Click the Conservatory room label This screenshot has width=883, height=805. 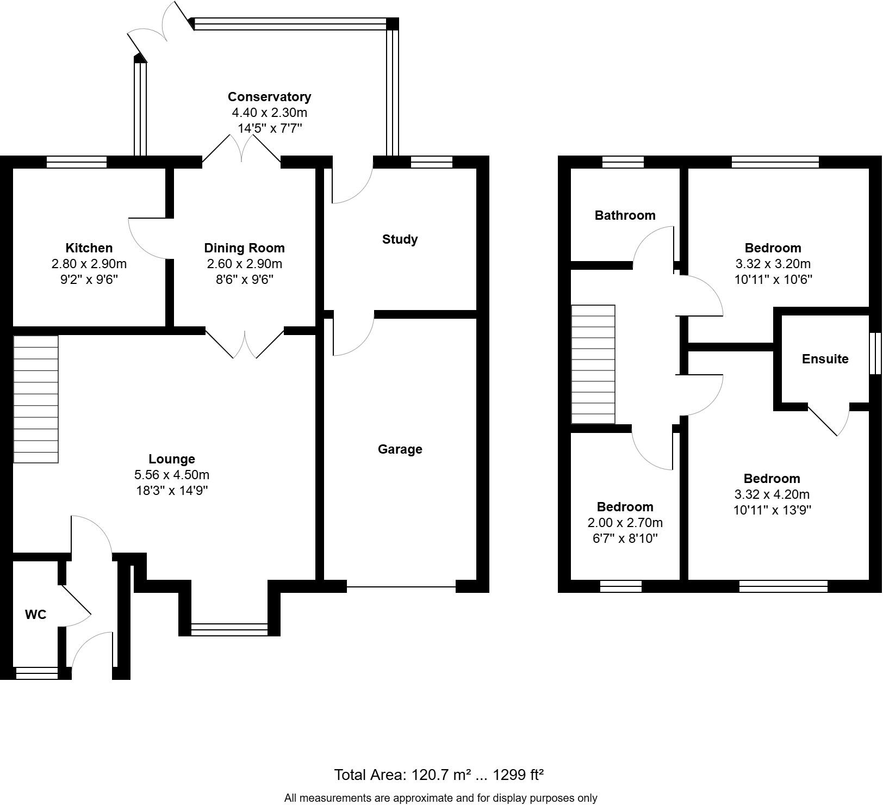click(269, 97)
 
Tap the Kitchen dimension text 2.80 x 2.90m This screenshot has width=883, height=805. click(89, 264)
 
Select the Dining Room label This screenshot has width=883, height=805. click(244, 248)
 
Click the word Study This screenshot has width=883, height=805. click(400, 239)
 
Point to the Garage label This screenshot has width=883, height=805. click(400, 449)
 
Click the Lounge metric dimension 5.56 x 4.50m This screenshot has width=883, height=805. click(172, 475)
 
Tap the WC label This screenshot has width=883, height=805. click(36, 615)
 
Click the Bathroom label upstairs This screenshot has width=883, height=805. click(625, 215)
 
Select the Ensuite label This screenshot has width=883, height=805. click(825, 359)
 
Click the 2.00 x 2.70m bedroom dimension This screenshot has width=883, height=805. click(625, 523)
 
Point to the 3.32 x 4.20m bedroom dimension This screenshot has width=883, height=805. click(772, 494)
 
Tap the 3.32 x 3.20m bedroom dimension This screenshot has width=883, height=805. click(773, 264)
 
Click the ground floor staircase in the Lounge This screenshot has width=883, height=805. click(36, 399)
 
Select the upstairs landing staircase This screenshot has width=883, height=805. click(593, 364)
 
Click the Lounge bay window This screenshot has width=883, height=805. click(229, 629)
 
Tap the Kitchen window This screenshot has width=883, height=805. click(77, 162)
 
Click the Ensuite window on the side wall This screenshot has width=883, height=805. click(875, 354)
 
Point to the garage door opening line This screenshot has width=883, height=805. click(401, 587)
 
